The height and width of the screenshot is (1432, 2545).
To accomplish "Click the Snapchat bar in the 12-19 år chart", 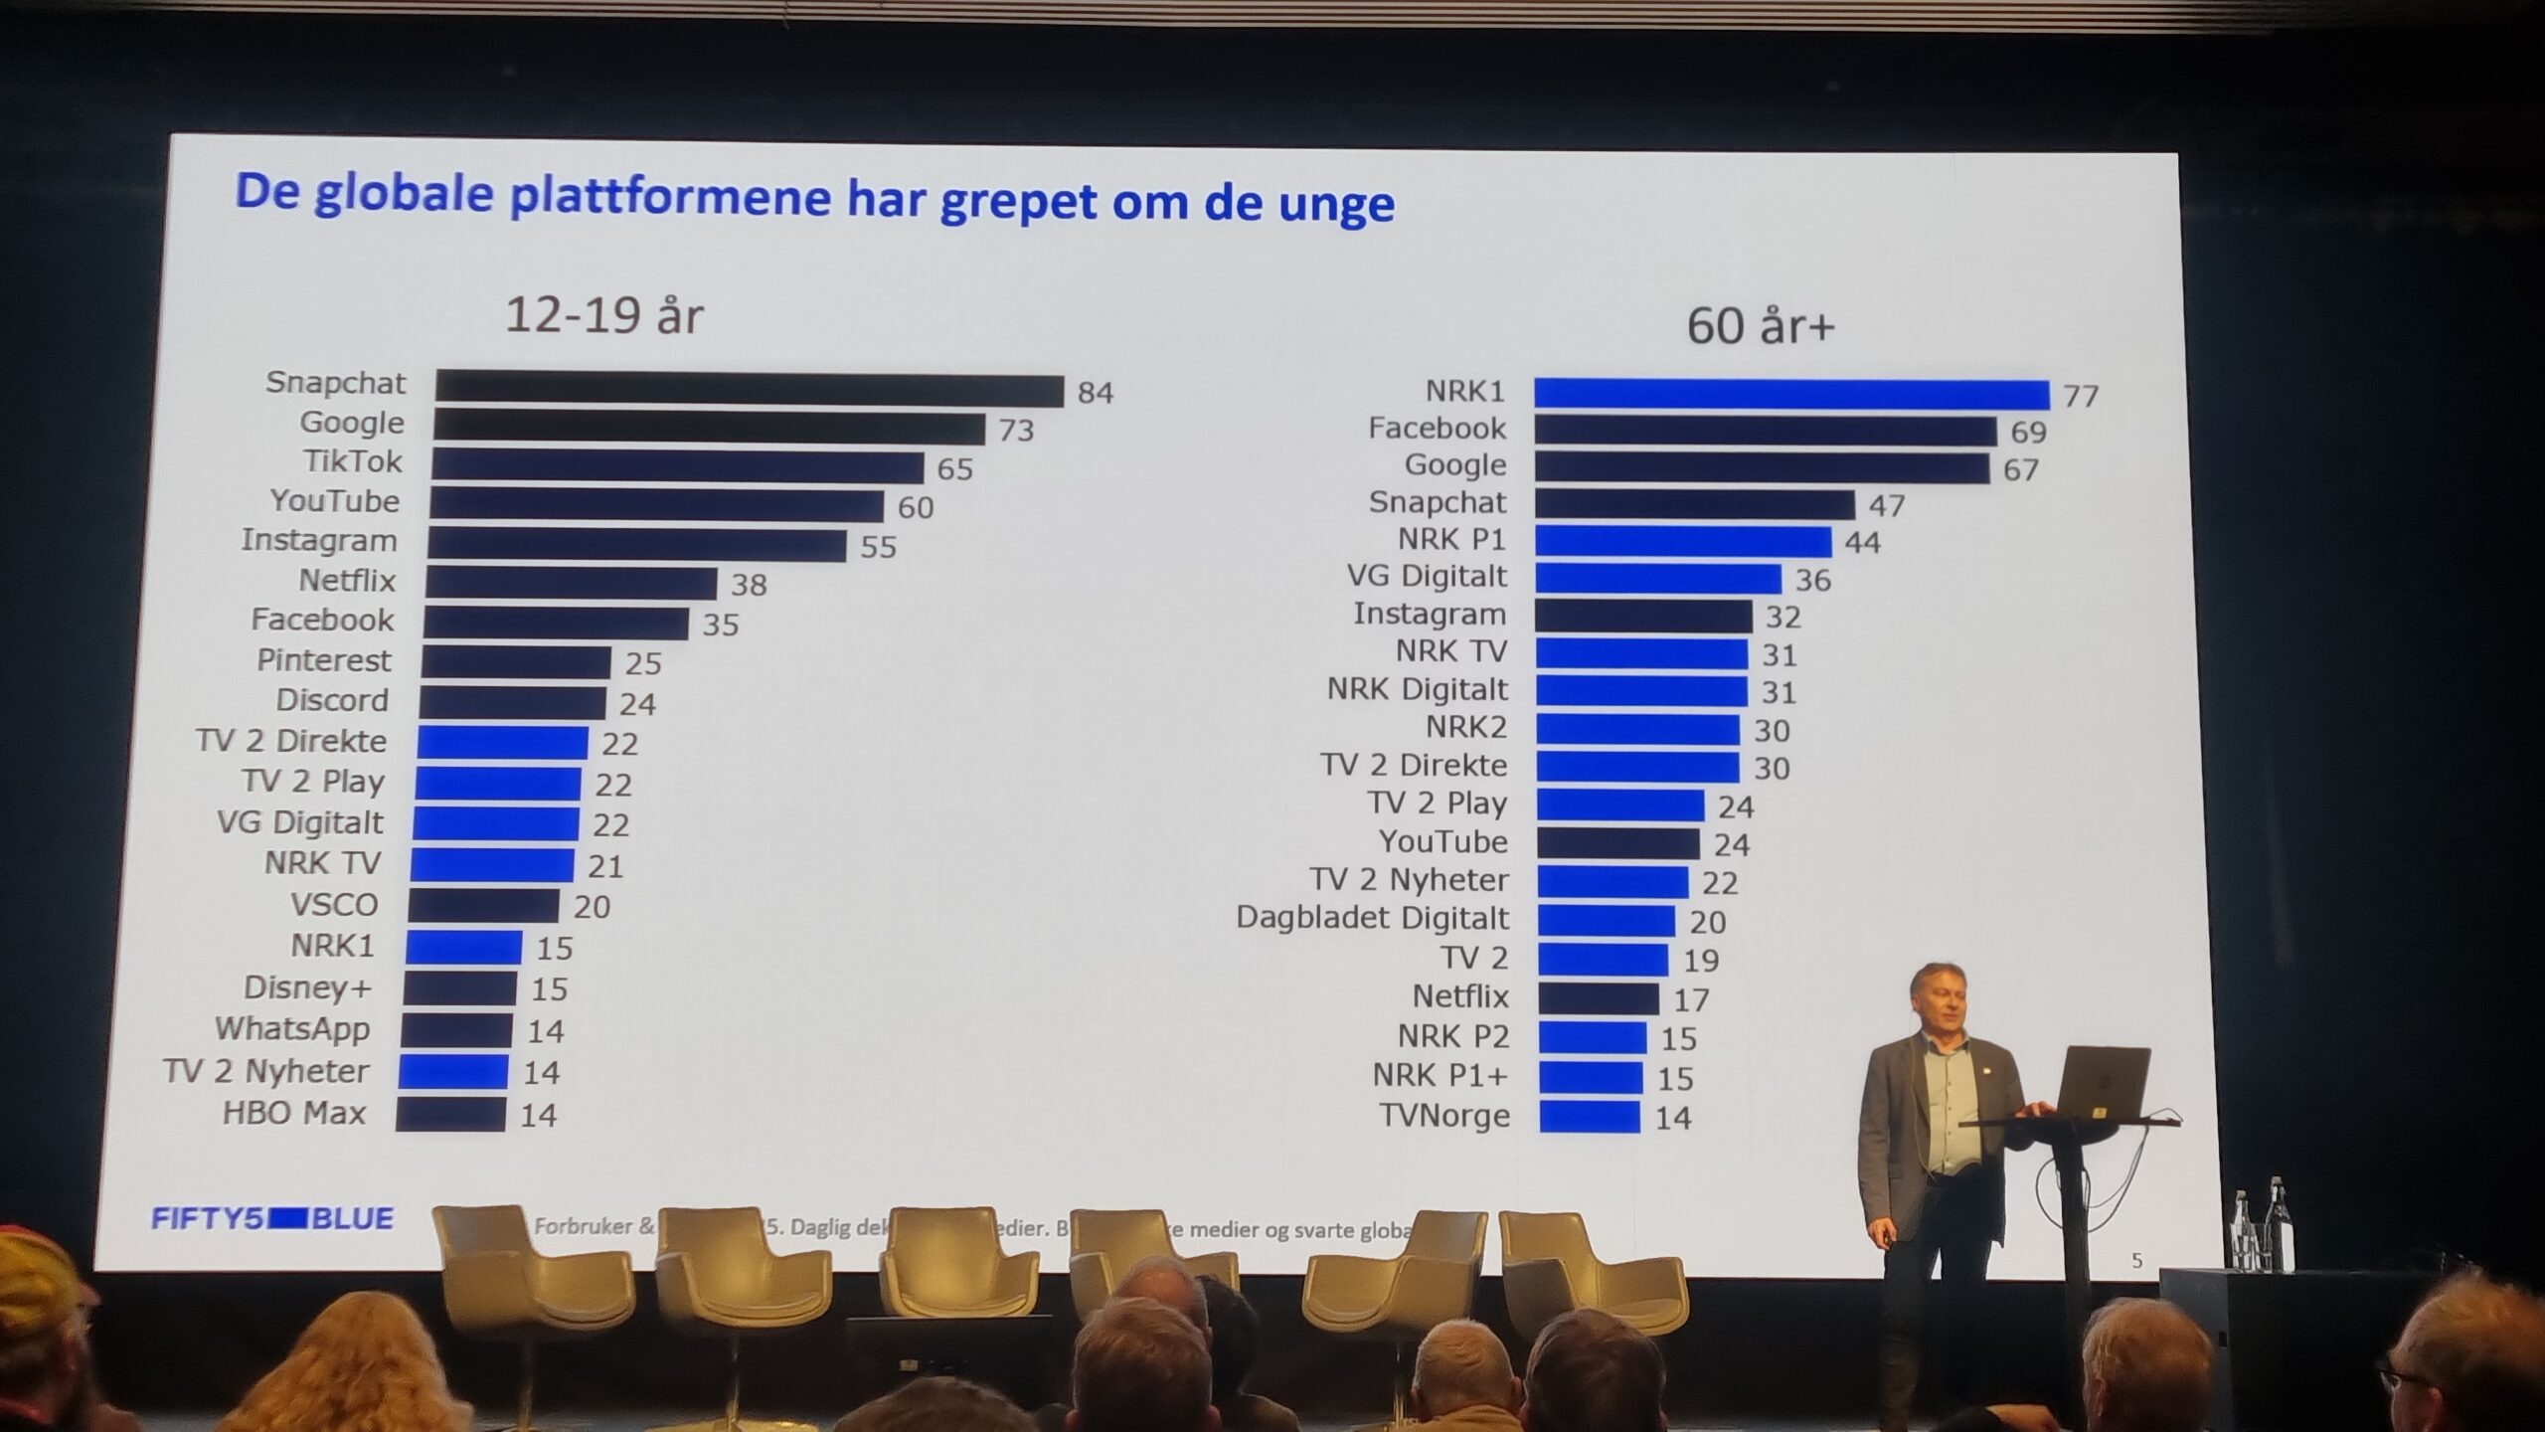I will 749,389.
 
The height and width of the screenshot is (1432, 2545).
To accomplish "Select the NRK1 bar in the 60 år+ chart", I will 1790,394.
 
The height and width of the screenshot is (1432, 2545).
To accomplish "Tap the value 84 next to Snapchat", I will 1095,393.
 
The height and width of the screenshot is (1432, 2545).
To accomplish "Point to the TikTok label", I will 352,461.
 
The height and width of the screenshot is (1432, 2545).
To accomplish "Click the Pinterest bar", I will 516,662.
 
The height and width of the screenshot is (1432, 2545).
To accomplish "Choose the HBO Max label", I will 294,1112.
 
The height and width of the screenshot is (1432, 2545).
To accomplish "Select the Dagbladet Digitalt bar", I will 1607,921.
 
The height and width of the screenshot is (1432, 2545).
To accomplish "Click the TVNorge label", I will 1444,1116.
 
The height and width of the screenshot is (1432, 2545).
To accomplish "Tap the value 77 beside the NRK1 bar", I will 2080,397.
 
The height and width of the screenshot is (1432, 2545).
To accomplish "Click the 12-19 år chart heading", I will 603,315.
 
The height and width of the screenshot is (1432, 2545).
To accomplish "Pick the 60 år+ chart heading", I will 1760,326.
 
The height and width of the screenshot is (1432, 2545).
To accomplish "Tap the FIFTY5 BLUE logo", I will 271,1218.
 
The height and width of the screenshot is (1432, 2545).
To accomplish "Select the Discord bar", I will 512,702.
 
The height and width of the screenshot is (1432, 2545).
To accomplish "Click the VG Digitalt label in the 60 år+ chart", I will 1427,576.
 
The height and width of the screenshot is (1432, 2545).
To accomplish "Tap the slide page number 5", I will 2136,1261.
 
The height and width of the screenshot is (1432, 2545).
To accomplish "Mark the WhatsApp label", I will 292,1028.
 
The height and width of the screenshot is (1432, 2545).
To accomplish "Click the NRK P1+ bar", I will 1591,1077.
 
